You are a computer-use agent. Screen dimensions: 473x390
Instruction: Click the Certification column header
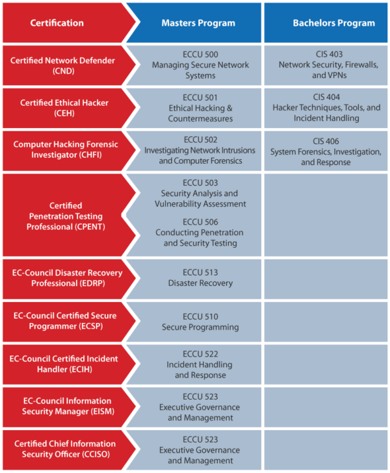pyautogui.click(x=57, y=23)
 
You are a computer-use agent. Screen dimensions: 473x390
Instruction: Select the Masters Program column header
pyautogui.click(x=198, y=23)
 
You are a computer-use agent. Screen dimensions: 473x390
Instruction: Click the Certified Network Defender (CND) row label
pyautogui.click(x=62, y=66)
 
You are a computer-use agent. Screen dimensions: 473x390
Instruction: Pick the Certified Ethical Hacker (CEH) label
pyautogui.click(x=64, y=108)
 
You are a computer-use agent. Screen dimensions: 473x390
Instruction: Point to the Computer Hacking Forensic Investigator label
pyautogui.click(x=66, y=149)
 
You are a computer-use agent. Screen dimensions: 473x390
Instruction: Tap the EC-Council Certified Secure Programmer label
pyautogui.click(x=65, y=321)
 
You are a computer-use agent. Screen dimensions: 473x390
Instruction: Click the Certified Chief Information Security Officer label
pyautogui.click(x=66, y=449)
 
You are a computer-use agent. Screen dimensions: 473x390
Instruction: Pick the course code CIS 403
pyautogui.click(x=326, y=55)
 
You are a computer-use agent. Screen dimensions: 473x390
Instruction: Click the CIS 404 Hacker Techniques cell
pyautogui.click(x=326, y=108)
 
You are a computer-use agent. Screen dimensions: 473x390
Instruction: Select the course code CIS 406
pyautogui.click(x=326, y=141)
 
